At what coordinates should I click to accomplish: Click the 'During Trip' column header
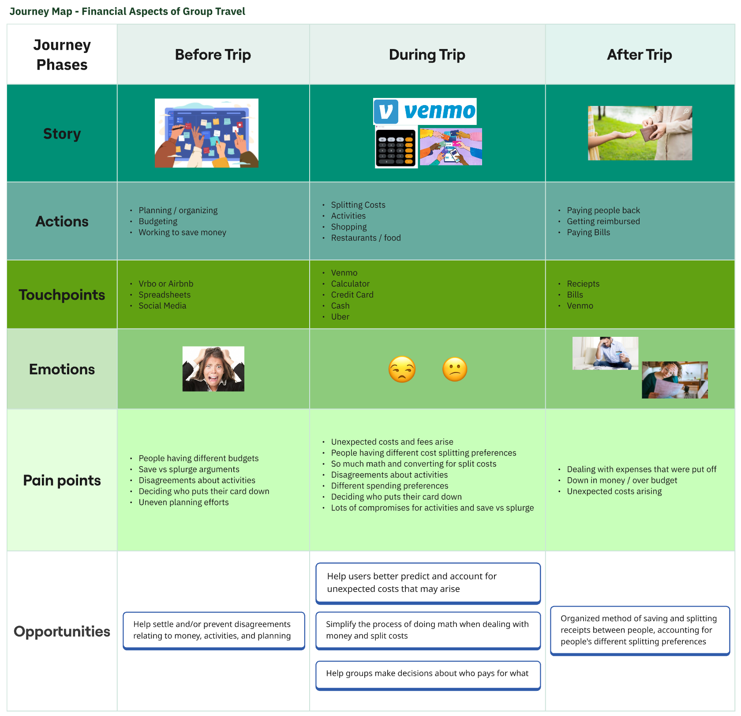tap(427, 55)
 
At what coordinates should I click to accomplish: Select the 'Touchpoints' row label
tap(62, 295)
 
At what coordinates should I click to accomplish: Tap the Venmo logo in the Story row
tap(425, 111)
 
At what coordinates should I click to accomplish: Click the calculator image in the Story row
tap(396, 147)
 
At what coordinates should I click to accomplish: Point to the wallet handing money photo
tap(640, 133)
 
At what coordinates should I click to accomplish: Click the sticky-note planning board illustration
tap(206, 133)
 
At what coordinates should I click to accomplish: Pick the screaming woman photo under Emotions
tap(213, 369)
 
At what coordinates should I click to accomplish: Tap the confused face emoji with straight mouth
tap(454, 369)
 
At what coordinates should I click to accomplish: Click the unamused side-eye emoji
tap(402, 369)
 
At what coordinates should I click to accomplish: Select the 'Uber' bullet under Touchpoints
tap(340, 317)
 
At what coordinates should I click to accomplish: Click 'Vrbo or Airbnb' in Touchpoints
tap(166, 284)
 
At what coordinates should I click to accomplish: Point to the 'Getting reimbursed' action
tap(603, 222)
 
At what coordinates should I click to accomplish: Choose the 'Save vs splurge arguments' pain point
tap(189, 470)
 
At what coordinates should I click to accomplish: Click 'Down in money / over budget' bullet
tap(621, 481)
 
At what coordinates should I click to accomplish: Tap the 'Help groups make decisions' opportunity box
tap(427, 674)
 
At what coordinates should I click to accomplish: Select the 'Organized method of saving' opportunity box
tap(640, 630)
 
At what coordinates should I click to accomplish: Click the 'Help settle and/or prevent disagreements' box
tap(213, 630)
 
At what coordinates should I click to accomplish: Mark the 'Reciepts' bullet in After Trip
tap(583, 284)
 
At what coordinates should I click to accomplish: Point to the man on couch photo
tap(605, 353)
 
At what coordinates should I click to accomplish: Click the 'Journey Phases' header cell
tap(62, 55)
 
